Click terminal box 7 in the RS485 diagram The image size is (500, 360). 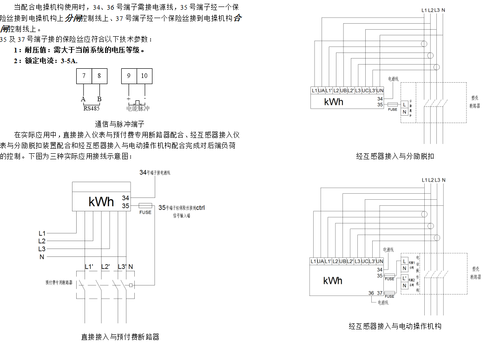coord(84,76)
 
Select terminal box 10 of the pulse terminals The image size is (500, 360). coord(145,76)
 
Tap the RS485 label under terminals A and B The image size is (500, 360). coord(92,108)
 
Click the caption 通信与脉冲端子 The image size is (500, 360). coord(120,124)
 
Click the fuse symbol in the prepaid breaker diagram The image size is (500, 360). coord(145,206)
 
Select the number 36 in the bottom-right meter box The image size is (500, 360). coord(371,293)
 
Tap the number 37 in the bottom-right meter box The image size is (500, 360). coord(380,293)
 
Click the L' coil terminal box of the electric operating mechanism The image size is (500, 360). coord(405,278)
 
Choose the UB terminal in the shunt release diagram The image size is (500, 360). coord(343,90)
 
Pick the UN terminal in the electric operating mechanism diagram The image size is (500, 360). coord(380,262)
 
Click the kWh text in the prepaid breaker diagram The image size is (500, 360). coord(101,202)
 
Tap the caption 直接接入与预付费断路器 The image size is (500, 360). coord(120,337)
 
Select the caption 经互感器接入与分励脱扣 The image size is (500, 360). coord(395,157)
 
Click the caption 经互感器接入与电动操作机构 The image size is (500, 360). coord(395,326)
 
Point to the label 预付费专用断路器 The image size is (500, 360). coord(59,282)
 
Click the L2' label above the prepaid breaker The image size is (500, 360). coord(105,267)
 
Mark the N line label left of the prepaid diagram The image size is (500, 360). coord(42,257)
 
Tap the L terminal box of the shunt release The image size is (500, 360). coord(404,105)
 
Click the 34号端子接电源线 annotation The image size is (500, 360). coord(155,172)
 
